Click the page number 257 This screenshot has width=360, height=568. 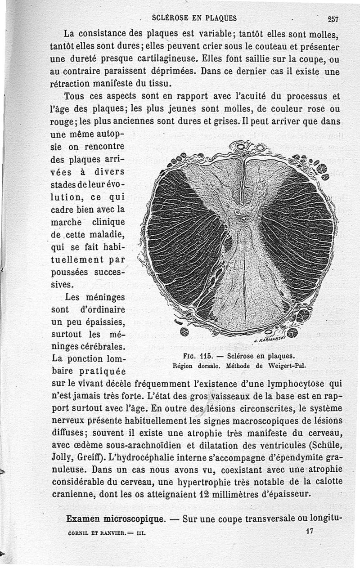pyautogui.click(x=333, y=19)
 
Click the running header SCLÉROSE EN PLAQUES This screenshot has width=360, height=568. pyautogui.click(x=194, y=18)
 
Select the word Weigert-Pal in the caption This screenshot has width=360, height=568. pyautogui.click(x=288, y=366)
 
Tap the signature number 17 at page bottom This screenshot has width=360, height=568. pyautogui.click(x=309, y=531)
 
